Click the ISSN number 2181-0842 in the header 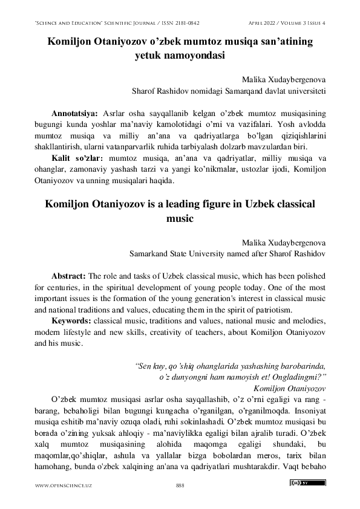[x=183, y=23]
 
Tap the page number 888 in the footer [x=180, y=485]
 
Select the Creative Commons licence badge [x=307, y=483]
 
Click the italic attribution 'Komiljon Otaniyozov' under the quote [x=290, y=387]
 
